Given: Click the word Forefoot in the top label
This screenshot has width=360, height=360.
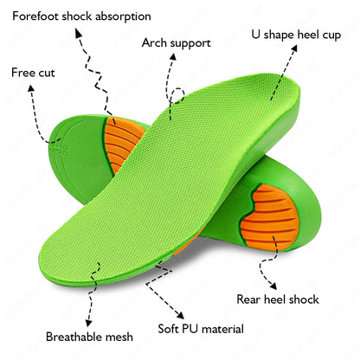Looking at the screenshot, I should click(x=38, y=16).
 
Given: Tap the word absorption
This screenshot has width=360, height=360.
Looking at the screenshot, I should click(x=121, y=16).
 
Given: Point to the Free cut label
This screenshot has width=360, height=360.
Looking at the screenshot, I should click(x=33, y=73).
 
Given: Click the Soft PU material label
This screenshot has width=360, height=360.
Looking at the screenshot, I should click(x=200, y=329).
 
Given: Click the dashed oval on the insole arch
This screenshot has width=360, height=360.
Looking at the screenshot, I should click(x=178, y=103).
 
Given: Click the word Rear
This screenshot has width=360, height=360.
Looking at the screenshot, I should click(x=251, y=299).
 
